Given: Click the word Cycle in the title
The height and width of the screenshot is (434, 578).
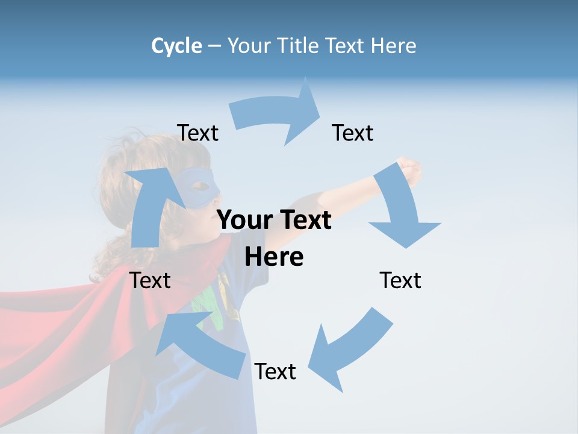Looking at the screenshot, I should coord(176,46).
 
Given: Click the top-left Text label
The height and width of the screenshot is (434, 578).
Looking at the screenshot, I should coord(197,133).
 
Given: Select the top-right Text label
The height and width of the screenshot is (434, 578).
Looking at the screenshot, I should coord(353,133).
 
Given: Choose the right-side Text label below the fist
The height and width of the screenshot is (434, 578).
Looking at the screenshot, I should coord(400,280).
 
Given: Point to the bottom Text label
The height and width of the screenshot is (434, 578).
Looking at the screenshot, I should coord(275,371).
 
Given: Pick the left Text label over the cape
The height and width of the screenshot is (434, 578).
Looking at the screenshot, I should coord(151,280).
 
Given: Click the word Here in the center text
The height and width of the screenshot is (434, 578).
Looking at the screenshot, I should coord(274,257).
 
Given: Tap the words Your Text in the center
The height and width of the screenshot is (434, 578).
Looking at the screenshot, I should coord(274,220).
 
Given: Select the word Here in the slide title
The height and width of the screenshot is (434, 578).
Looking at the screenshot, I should coord(394,46).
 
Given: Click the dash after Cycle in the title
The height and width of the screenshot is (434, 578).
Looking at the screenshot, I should coord(214,46).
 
